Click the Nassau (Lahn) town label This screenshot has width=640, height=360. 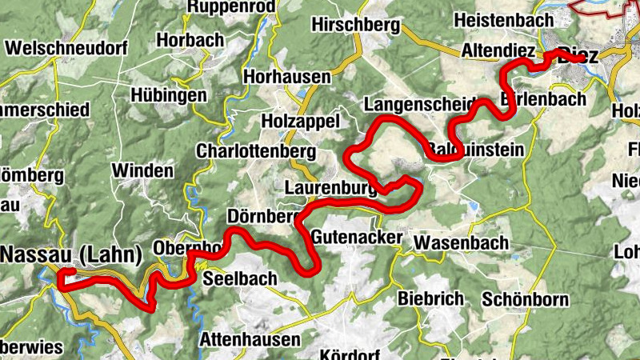(71, 254)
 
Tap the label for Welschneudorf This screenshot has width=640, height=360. (66, 48)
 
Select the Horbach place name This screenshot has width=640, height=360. (190, 39)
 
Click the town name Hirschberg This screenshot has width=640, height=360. (355, 25)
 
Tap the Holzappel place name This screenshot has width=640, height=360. (301, 121)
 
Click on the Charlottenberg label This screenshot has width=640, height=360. (256, 152)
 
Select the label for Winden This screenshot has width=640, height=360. (142, 170)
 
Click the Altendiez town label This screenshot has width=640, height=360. (498, 50)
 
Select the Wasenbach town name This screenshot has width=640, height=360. (462, 242)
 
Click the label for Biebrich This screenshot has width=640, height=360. (430, 298)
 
